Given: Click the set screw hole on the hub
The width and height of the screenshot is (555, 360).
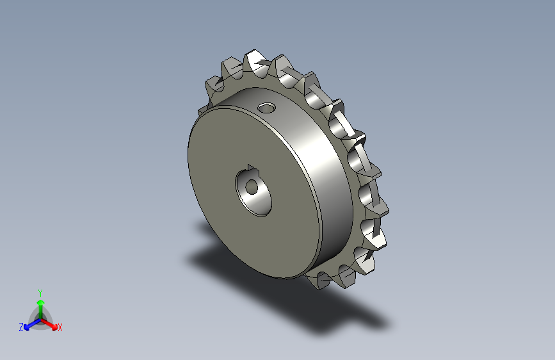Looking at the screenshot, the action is (266, 108).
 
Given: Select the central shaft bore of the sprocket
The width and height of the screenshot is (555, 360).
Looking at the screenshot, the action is (253, 192).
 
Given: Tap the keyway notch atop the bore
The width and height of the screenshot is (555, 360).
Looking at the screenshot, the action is (253, 169).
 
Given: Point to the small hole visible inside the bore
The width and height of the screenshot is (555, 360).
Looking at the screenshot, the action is (252, 187).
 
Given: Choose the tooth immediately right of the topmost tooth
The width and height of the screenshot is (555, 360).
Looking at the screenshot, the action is (283, 69).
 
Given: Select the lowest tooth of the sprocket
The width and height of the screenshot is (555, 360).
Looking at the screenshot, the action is (319, 281).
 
